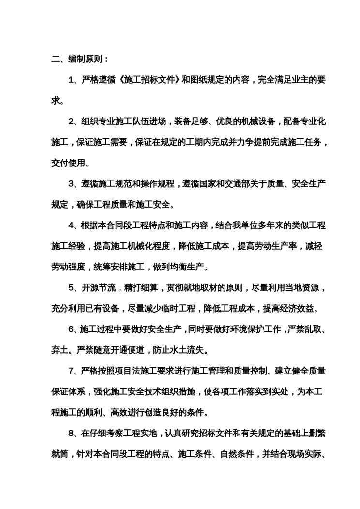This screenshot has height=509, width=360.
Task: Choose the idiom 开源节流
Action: point(99,287)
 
